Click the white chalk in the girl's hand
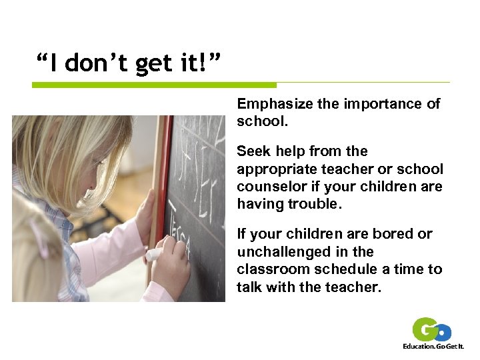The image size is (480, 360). (153, 254)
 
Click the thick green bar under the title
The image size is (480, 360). (154, 85)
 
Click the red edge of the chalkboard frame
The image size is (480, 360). (163, 173)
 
